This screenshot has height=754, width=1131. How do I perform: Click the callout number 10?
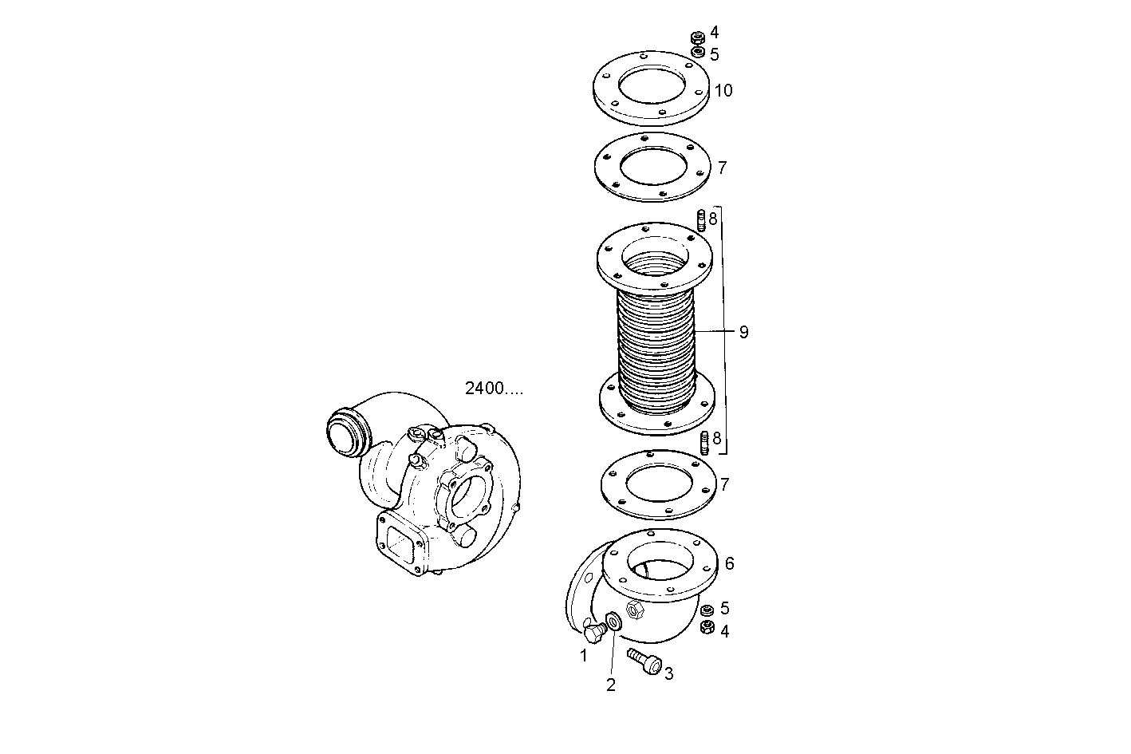click(x=723, y=90)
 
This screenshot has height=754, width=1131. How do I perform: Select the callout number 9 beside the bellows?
click(x=743, y=332)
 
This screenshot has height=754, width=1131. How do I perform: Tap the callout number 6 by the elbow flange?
click(x=728, y=563)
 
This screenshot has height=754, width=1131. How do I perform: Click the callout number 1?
click(x=584, y=656)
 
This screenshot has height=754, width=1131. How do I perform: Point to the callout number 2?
click(x=611, y=685)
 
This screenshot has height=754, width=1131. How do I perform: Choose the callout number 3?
click(x=668, y=673)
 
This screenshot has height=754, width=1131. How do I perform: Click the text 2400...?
click(x=495, y=389)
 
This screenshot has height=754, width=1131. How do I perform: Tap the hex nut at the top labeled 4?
click(x=696, y=37)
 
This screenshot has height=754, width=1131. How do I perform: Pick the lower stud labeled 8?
click(x=704, y=443)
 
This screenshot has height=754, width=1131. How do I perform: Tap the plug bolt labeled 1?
click(x=594, y=634)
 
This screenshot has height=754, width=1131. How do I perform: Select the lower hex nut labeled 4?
click(x=706, y=628)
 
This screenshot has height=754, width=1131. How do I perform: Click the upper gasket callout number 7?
click(x=722, y=168)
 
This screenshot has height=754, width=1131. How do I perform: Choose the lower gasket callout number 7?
click(x=724, y=484)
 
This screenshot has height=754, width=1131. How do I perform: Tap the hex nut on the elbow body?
click(x=636, y=611)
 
